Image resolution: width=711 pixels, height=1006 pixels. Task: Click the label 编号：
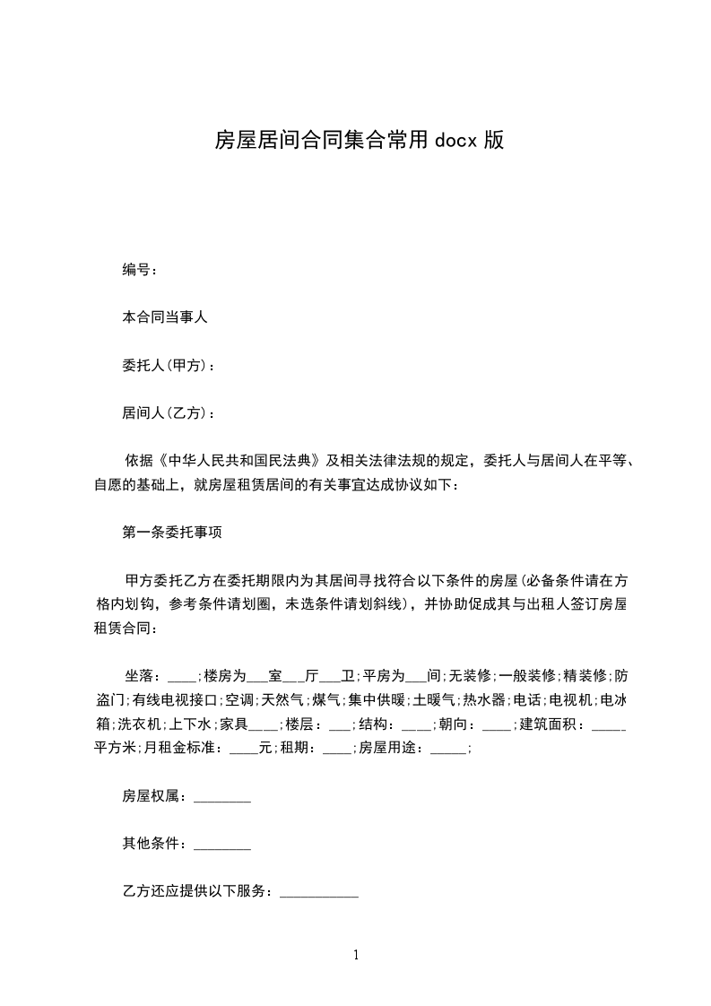(141, 269)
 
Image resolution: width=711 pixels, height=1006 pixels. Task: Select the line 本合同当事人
(165, 317)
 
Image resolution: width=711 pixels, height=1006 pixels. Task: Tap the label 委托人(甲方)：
(169, 365)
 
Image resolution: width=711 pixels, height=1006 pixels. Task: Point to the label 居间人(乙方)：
(169, 413)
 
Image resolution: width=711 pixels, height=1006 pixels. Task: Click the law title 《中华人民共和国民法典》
(238, 462)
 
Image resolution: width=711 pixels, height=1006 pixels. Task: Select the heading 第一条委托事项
(166, 533)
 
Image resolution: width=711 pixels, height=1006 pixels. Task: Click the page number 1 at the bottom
(356, 955)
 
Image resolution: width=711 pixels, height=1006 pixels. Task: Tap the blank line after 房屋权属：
(222, 796)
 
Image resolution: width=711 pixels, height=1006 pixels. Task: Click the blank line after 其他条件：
(222, 845)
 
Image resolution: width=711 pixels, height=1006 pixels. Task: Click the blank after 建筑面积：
(610, 724)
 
